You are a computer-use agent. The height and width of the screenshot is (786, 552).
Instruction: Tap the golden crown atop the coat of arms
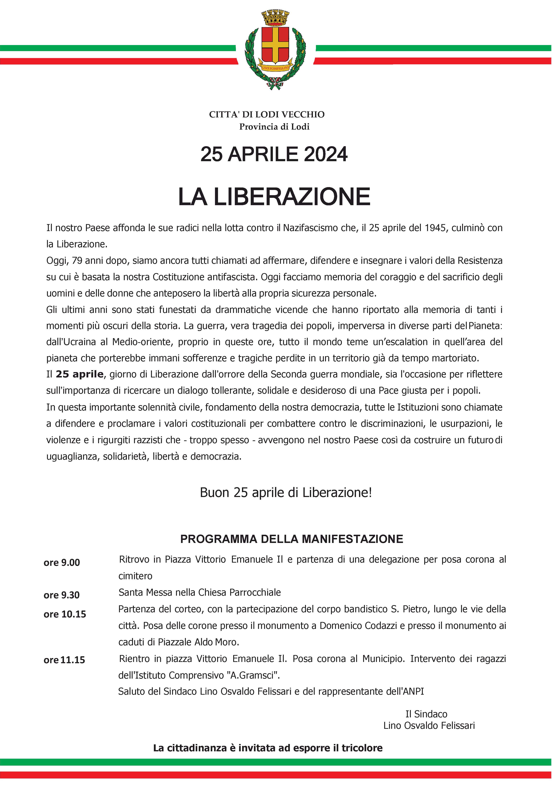click(x=275, y=18)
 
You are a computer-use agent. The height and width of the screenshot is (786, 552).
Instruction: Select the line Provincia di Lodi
click(x=274, y=127)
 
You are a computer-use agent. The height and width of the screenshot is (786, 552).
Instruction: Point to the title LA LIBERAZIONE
click(x=274, y=197)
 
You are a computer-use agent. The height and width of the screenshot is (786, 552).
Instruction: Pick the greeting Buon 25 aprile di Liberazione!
click(x=286, y=493)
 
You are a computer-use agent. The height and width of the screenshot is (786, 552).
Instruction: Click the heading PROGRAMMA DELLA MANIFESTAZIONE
click(x=292, y=539)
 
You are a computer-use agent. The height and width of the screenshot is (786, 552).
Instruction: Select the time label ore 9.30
click(x=62, y=595)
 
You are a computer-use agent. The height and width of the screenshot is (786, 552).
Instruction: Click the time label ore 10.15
click(x=65, y=614)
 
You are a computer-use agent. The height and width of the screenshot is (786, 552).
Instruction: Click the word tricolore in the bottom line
click(x=362, y=748)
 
